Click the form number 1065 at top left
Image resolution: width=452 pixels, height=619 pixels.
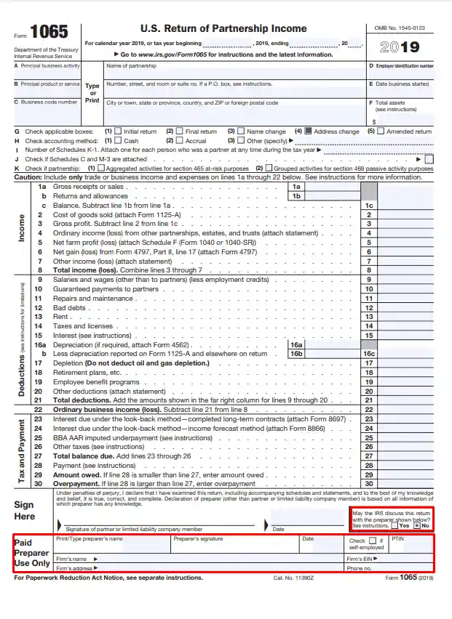point(49,33)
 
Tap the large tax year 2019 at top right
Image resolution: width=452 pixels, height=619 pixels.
point(400,48)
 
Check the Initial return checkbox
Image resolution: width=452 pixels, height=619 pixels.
point(118,132)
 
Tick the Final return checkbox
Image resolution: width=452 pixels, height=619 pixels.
point(180,132)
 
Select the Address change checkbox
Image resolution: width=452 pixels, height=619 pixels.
point(308,132)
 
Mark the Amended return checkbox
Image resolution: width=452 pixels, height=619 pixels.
point(380,132)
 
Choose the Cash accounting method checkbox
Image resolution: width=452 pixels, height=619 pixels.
point(118,140)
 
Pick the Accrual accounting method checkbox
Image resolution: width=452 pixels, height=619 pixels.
point(180,140)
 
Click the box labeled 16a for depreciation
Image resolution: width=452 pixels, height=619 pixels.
point(296,344)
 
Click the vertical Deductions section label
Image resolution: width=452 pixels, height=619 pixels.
point(22,363)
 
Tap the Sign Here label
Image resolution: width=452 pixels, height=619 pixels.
point(24,510)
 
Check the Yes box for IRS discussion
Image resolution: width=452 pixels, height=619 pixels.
point(394,525)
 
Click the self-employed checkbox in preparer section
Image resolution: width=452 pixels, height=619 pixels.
point(371,541)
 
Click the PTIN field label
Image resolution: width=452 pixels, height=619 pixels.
point(397,539)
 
